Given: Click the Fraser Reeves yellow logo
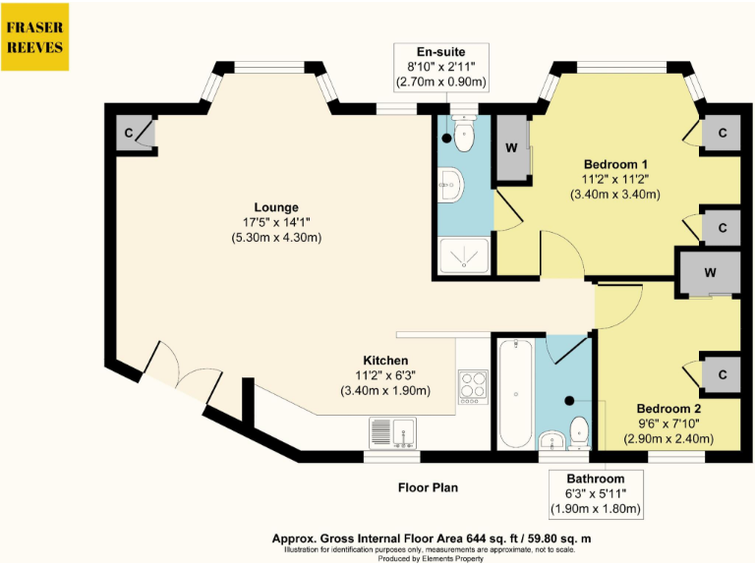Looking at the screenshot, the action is click(34, 37).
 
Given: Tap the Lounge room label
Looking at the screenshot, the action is click(276, 207).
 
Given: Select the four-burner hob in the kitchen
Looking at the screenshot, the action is click(473, 387).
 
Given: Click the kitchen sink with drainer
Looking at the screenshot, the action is click(392, 432).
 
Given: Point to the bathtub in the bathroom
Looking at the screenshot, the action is click(516, 394).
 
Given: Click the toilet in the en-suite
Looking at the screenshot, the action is click(464, 134).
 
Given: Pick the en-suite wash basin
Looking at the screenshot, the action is click(450, 185).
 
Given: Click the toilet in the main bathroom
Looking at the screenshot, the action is click(579, 433).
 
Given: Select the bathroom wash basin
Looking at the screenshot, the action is click(552, 440).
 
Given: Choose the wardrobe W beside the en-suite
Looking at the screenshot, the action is click(512, 147).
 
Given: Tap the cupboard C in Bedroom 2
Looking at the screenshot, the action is click(722, 374).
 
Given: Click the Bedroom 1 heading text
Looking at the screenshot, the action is click(615, 164).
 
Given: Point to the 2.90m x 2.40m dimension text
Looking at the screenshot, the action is click(668, 439).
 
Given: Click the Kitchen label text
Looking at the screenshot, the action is click(385, 361).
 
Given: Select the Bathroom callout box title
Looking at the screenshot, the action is click(596, 479).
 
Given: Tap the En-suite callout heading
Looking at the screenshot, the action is click(441, 52).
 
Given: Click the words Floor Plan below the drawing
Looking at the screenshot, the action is click(428, 487).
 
